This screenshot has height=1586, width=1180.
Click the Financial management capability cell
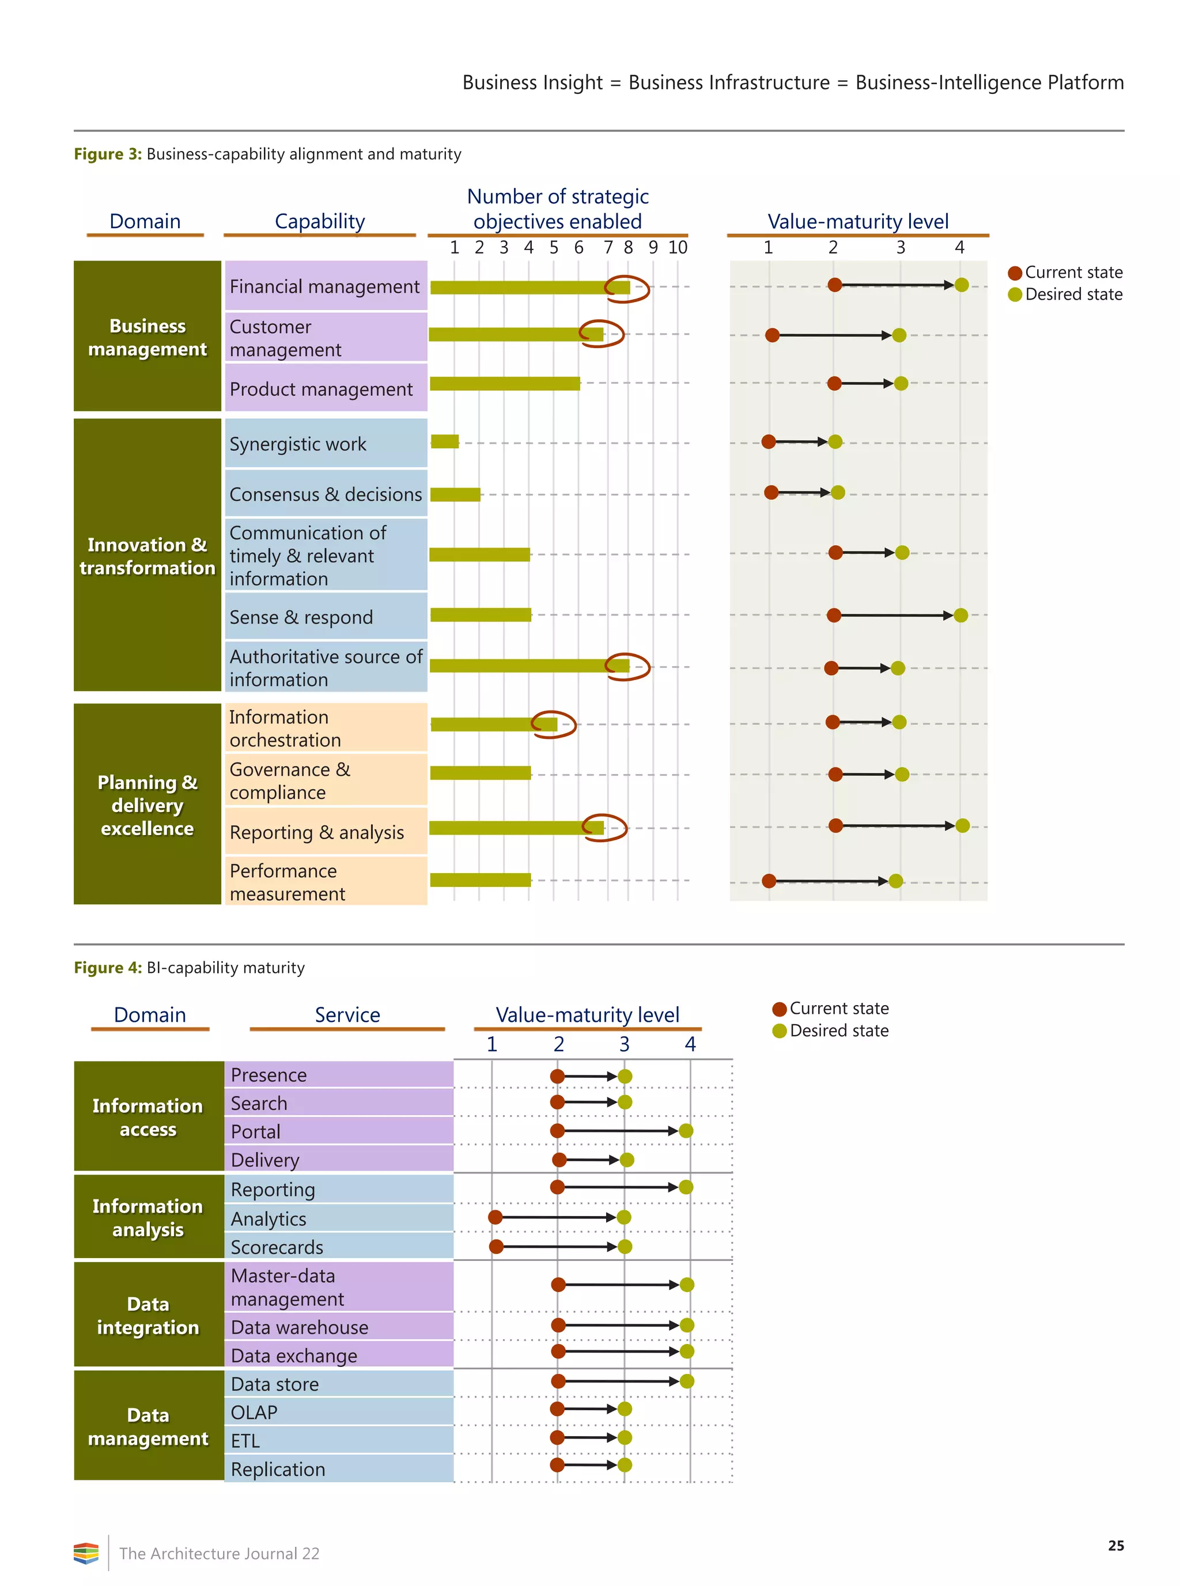pyautogui.click(x=326, y=286)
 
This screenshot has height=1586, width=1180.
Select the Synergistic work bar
pyautogui.click(x=444, y=441)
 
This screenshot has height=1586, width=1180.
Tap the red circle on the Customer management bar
pyautogui.click(x=602, y=334)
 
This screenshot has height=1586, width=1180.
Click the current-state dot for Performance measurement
pyautogui.click(x=769, y=881)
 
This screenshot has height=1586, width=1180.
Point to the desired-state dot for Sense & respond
pyautogui.click(x=960, y=615)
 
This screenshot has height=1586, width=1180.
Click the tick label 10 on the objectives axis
pyautogui.click(x=677, y=247)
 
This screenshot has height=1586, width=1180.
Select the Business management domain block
pyautogui.click(x=147, y=336)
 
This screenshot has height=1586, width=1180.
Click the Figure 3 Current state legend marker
pyautogui.click(x=1014, y=273)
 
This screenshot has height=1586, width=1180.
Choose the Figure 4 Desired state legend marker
pyautogui.click(x=780, y=1031)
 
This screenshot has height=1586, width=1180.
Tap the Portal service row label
pyautogui.click(x=256, y=1132)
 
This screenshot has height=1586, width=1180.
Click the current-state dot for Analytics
pyautogui.click(x=495, y=1217)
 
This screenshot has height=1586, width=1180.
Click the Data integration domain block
pyautogui.click(x=148, y=1315)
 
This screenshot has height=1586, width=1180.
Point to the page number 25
pyautogui.click(x=1115, y=1545)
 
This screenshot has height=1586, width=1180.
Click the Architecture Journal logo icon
pyautogui.click(x=86, y=1553)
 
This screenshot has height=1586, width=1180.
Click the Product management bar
pyautogui.click(x=504, y=384)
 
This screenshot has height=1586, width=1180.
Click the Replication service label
pyautogui.click(x=278, y=1469)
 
